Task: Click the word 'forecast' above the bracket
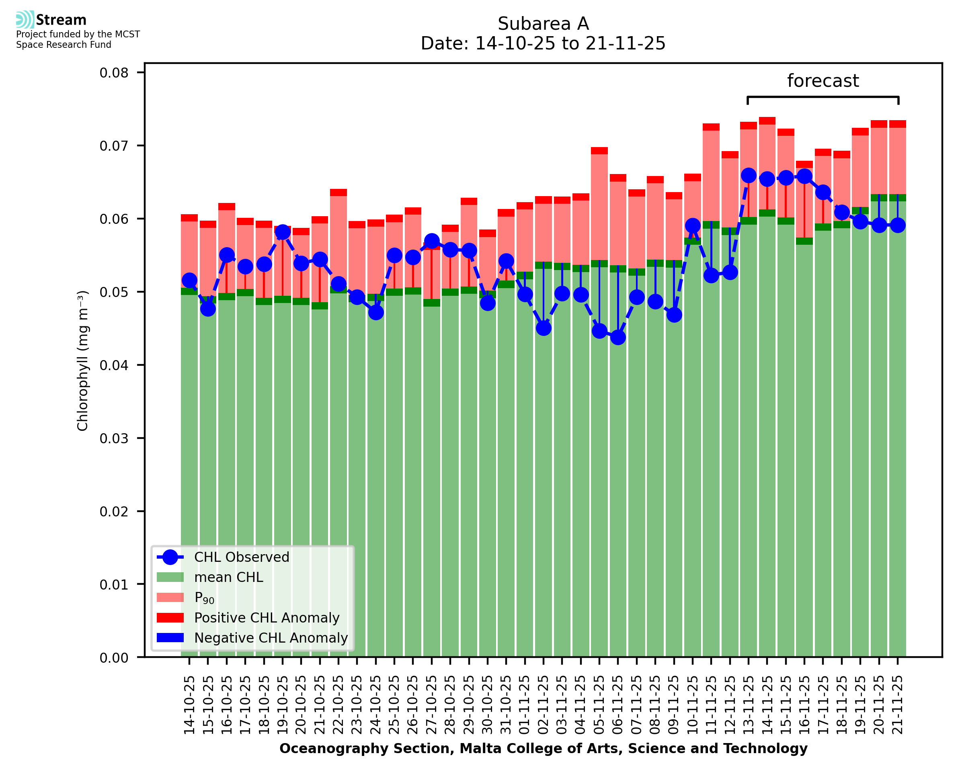(823, 81)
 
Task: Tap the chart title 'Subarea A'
(543, 24)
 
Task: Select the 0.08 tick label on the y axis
(114, 73)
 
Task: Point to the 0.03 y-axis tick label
(114, 438)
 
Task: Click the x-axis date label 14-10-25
(189, 705)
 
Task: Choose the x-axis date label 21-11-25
(898, 705)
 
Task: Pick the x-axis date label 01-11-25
(525, 705)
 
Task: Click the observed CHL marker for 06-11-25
(618, 338)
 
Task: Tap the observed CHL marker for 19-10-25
(283, 232)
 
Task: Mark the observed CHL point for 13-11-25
(749, 176)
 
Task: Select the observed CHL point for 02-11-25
(544, 328)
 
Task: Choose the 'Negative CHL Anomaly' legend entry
(271, 638)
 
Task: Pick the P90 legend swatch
(170, 597)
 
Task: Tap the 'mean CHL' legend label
(229, 577)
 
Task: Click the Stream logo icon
(25, 20)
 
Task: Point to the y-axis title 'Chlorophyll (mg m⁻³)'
(83, 360)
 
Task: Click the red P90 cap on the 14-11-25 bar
(767, 121)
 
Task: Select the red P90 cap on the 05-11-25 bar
(599, 151)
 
